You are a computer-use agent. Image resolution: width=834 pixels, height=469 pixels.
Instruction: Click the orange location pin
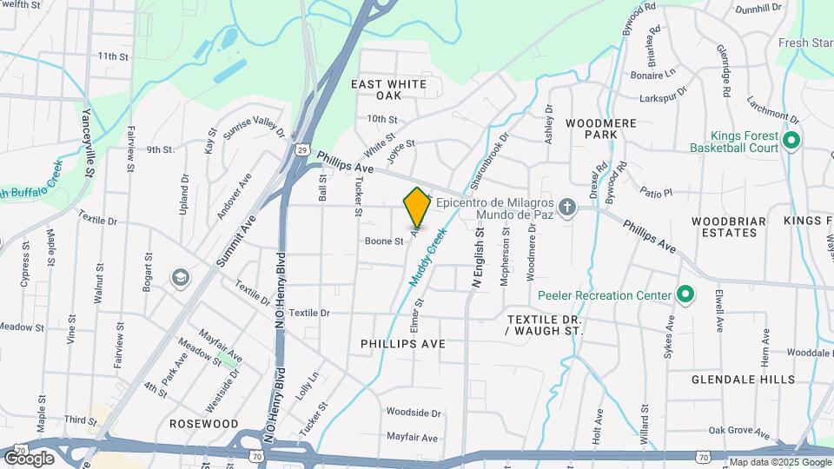click(417, 207)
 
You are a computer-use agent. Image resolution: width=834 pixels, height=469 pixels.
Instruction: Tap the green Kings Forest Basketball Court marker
click(791, 141)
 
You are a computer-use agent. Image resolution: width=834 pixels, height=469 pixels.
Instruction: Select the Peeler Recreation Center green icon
click(685, 295)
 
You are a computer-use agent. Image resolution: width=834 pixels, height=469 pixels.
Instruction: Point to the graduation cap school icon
click(181, 278)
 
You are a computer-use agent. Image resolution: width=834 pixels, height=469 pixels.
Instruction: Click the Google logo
click(29, 458)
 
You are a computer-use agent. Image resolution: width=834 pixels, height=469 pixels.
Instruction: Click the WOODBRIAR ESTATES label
click(729, 227)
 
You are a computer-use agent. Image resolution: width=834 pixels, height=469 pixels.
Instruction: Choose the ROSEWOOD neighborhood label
click(203, 424)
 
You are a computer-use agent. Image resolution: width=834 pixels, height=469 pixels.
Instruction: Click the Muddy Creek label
click(427, 258)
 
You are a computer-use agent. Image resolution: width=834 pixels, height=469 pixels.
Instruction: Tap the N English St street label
click(477, 258)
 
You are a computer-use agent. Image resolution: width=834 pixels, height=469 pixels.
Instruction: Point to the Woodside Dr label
click(414, 413)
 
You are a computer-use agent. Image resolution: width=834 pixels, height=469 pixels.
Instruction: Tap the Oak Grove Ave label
click(739, 432)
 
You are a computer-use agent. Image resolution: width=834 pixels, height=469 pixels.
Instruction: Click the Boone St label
click(384, 241)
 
